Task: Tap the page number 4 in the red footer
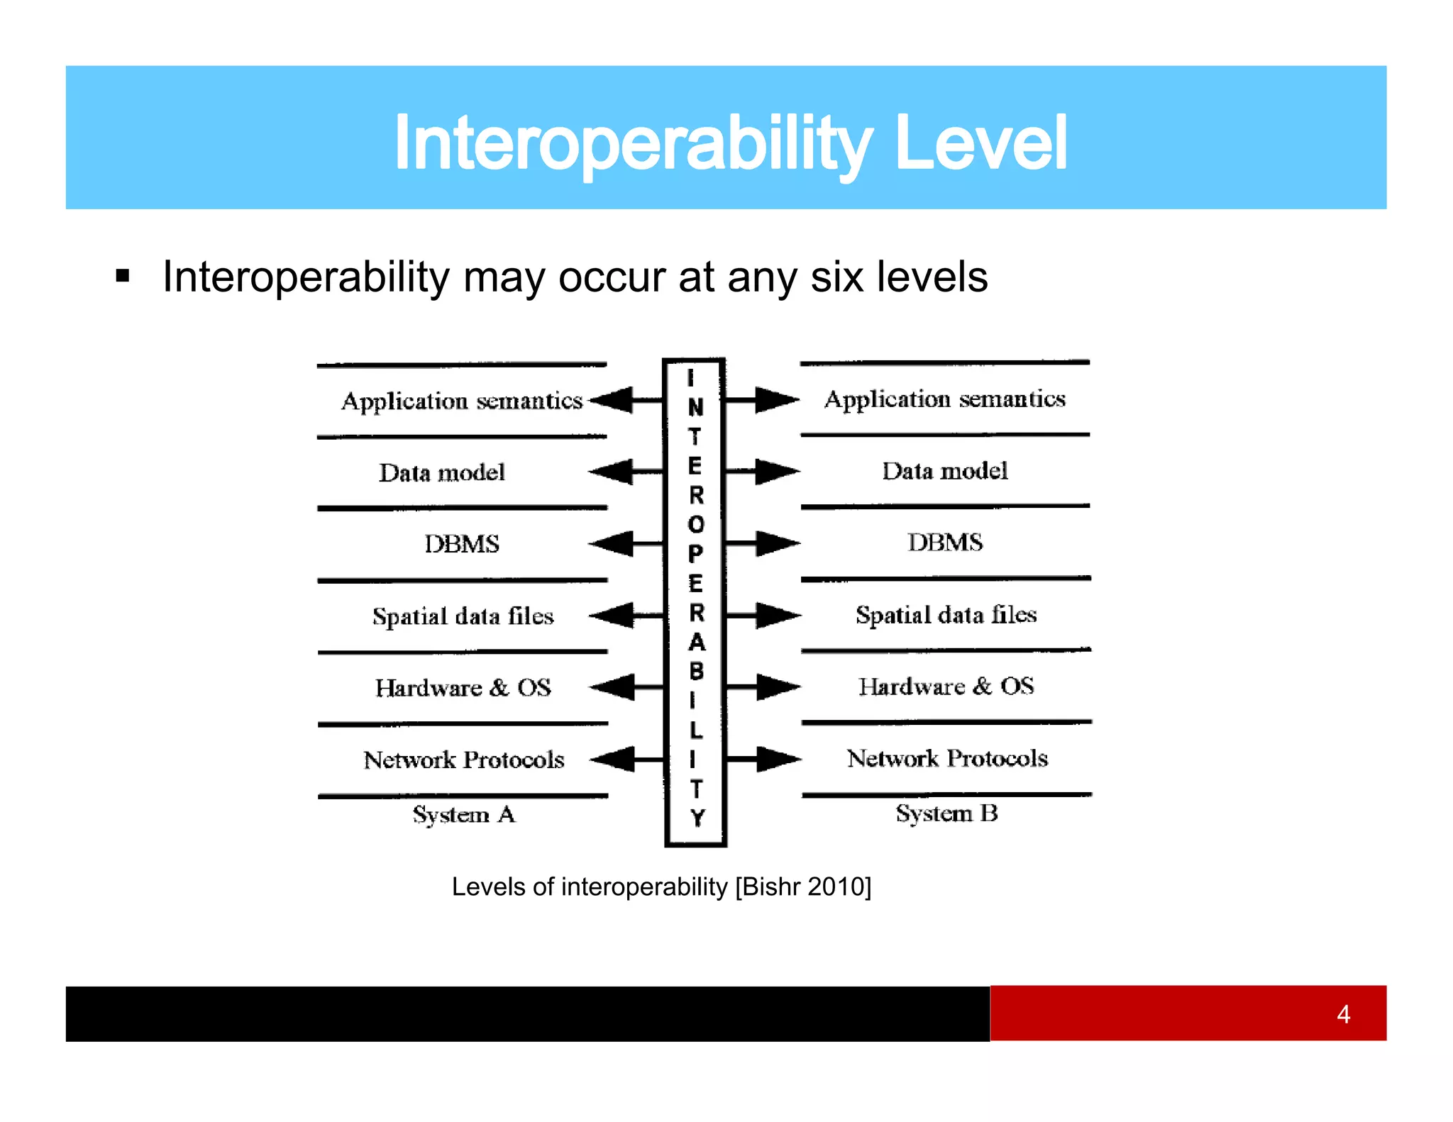1342,1014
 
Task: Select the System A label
464,814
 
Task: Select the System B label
946,813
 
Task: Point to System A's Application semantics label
462,401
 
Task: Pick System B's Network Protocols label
947,759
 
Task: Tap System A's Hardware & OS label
463,688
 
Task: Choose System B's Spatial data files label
946,615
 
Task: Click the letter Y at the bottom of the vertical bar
697,818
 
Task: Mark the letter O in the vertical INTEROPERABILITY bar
696,524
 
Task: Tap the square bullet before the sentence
123,276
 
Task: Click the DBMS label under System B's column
945,543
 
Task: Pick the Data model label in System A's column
442,473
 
